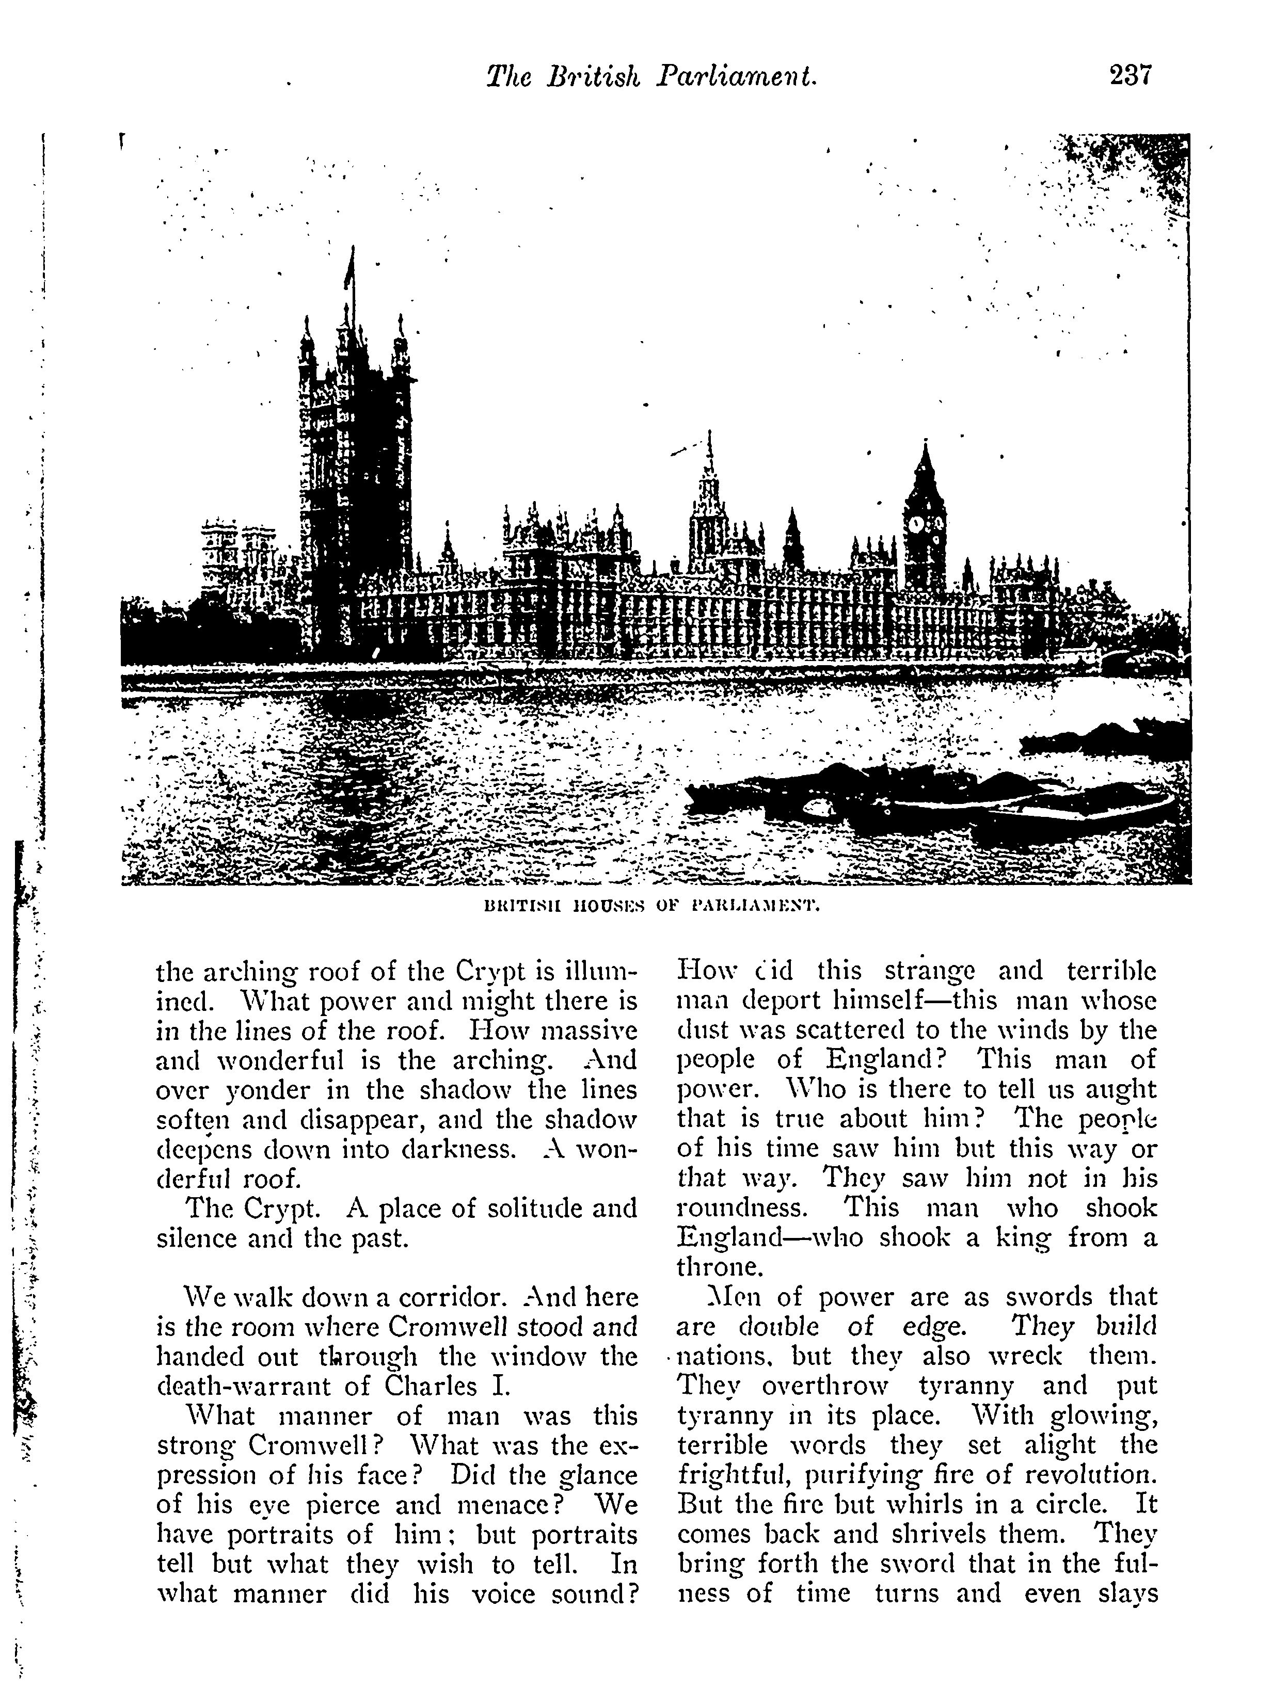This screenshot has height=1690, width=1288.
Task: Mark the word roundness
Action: click(x=741, y=1208)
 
